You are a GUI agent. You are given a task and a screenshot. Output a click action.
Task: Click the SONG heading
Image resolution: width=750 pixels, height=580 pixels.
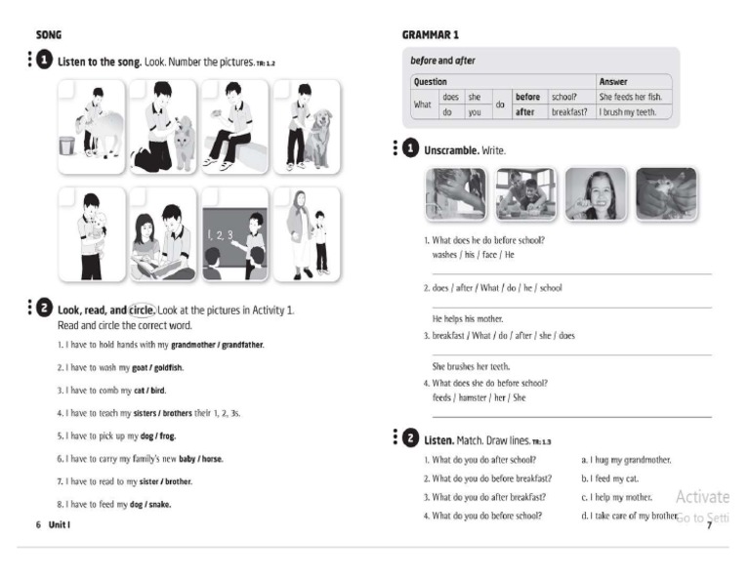point(49,35)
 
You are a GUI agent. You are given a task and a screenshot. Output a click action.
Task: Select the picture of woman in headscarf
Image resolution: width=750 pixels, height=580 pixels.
point(307,234)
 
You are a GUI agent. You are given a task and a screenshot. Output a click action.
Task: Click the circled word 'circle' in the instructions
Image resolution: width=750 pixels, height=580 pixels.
point(143,310)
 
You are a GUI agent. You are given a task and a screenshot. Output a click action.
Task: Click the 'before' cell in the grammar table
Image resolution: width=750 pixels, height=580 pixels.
point(527,97)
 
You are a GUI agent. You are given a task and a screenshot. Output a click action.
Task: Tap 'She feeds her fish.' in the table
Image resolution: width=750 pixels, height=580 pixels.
point(631,97)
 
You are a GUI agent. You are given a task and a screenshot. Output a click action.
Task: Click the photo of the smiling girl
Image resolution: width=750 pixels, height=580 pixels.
point(596,193)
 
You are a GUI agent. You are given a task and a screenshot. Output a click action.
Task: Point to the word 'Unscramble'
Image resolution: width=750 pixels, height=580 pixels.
point(451,150)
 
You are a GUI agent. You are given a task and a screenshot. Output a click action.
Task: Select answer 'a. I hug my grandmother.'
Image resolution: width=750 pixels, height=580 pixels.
point(626,459)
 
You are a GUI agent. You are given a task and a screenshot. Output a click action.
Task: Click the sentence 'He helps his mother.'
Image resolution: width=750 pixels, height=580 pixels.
point(465,318)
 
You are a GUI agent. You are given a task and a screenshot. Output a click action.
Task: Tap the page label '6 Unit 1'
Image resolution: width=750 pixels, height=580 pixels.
point(53,524)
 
